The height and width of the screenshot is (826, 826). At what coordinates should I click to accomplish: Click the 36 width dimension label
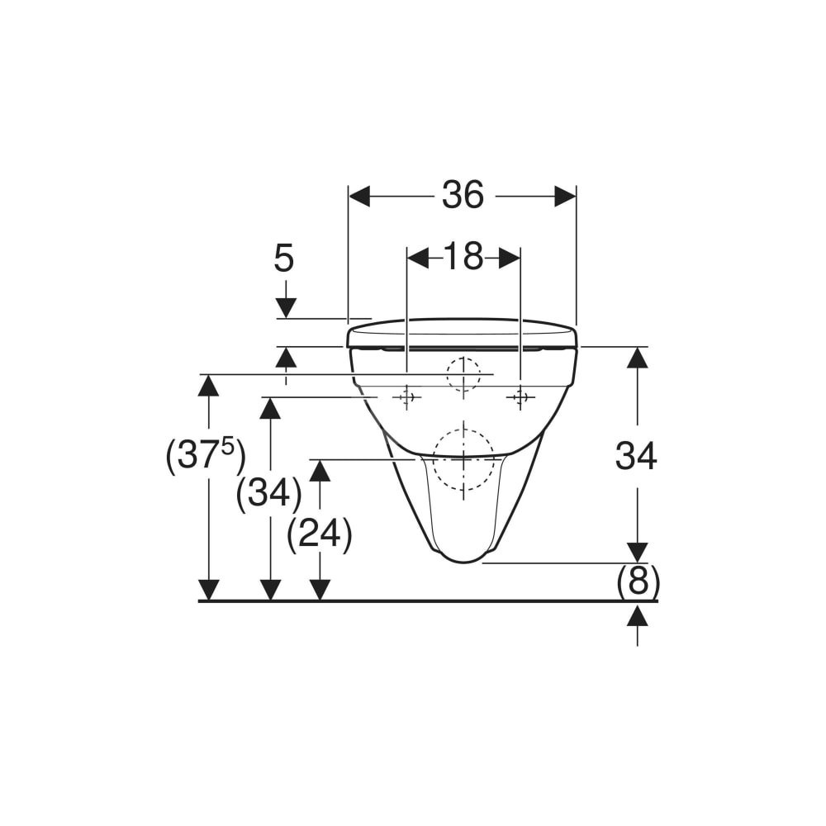click(x=463, y=195)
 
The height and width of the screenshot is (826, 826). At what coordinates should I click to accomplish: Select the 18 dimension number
click(x=463, y=257)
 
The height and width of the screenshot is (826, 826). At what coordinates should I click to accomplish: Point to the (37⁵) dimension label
click(x=206, y=456)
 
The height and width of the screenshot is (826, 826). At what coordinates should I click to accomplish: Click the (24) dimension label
click(x=320, y=535)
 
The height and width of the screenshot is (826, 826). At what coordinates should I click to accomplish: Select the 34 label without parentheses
click(x=636, y=456)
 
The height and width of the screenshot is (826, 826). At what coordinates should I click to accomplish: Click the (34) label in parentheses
click(x=269, y=494)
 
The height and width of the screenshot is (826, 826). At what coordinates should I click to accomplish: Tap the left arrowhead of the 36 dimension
click(x=360, y=197)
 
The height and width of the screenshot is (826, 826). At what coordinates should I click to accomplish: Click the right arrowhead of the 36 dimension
click(x=565, y=197)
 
